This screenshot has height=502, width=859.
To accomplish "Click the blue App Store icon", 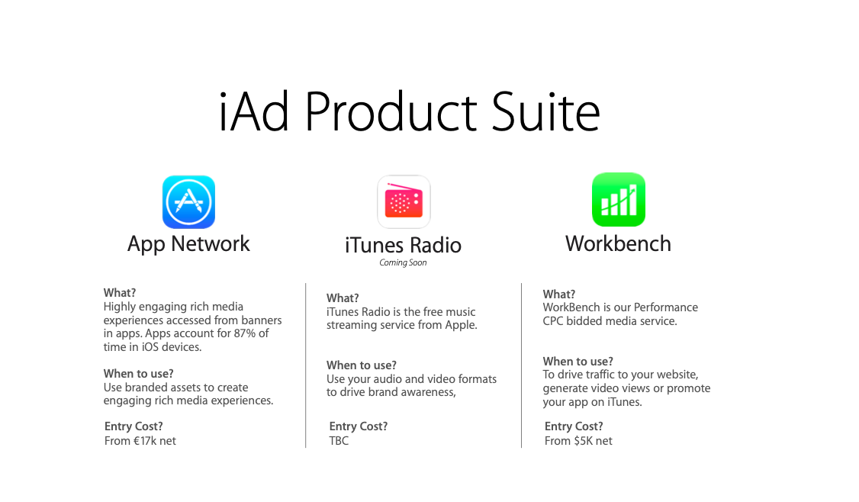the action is [x=188, y=201].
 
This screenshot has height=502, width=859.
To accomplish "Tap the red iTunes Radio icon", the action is [x=404, y=201].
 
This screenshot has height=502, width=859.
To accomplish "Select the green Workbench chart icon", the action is [x=619, y=199].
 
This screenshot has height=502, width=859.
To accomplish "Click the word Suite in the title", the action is [x=545, y=112].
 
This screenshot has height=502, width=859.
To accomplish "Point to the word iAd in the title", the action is [x=253, y=112].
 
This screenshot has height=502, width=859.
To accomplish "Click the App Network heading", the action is [x=188, y=244].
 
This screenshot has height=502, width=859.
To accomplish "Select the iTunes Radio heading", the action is [x=404, y=245].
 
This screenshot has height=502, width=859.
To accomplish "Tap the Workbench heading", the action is [x=618, y=243].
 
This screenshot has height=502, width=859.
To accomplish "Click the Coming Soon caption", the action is [x=403, y=262].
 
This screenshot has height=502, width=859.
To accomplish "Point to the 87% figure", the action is [x=245, y=333].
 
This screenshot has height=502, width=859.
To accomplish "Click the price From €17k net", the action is [x=140, y=441].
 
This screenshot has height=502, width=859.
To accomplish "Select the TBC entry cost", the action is [x=339, y=441].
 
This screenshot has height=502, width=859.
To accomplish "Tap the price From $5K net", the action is [x=578, y=441].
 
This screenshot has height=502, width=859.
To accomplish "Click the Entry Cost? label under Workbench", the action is [x=574, y=426].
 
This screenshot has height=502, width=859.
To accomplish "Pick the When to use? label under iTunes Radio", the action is [x=361, y=365].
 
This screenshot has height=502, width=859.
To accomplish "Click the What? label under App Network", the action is [x=120, y=293].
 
